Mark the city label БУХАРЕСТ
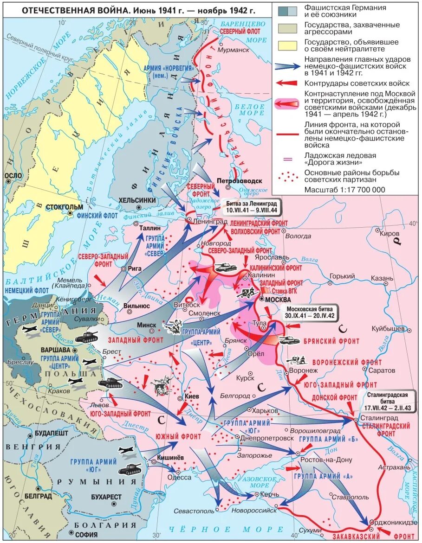[106, 497]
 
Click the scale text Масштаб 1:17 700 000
[344, 190]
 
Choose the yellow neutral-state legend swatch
[287, 45]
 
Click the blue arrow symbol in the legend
[287, 66]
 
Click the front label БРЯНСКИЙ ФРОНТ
[331, 341]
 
